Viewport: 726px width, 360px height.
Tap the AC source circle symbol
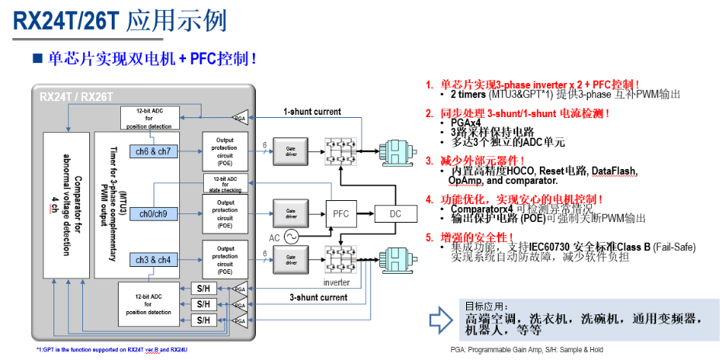pyautogui.click(x=292, y=236)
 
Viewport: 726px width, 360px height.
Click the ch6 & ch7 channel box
pyautogui.click(x=154, y=151)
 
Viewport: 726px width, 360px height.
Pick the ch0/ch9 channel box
pyautogui.click(x=153, y=213)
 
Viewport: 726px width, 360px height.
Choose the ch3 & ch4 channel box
pyautogui.click(x=154, y=260)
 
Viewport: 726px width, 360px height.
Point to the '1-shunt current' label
pyautogui.click(x=312, y=112)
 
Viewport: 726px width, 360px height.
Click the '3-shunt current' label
pyautogui.click(x=319, y=297)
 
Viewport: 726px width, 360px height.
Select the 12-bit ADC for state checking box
pyautogui.click(x=225, y=183)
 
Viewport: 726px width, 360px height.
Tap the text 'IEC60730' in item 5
pyautogui.click(x=553, y=247)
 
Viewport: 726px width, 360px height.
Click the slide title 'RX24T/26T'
pyautogui.click(x=65, y=20)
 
